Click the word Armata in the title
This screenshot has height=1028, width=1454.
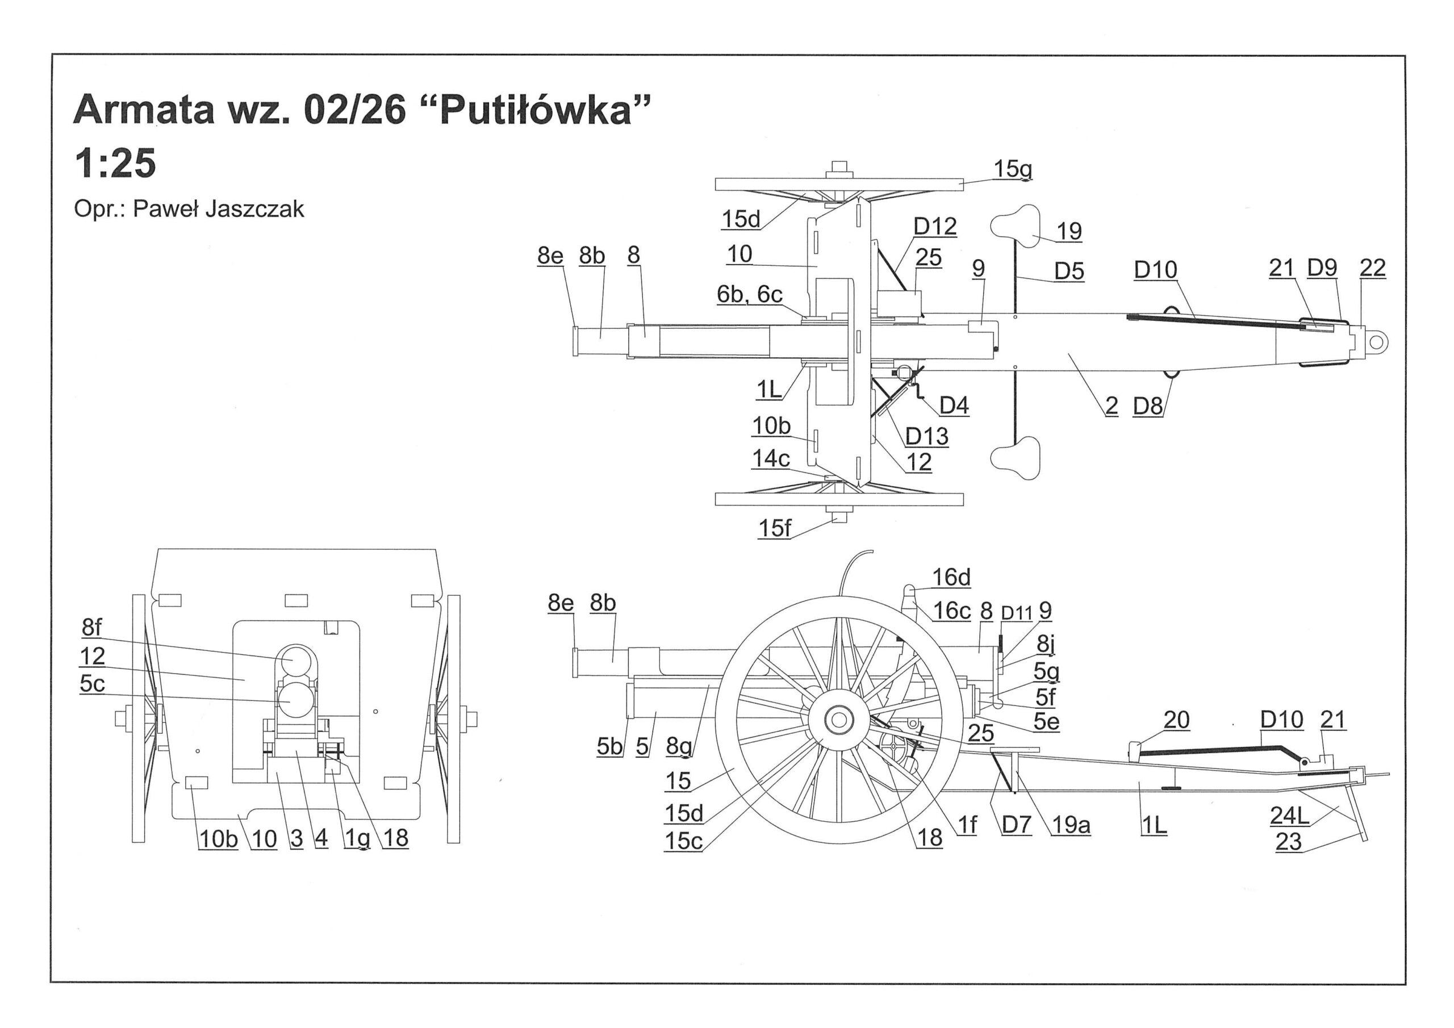pos(144,110)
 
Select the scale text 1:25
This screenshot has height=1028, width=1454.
pos(115,164)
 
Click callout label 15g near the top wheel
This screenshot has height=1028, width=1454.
pos(1013,169)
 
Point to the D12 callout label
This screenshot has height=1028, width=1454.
pos(935,227)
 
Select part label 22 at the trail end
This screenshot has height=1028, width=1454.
pos(1372,268)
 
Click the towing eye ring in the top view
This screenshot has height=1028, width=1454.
pos(1376,342)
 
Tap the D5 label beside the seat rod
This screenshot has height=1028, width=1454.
pos(1069,271)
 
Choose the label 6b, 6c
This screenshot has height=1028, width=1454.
pos(749,295)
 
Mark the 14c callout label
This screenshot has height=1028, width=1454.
pos(771,458)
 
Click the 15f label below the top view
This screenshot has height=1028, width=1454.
pos(775,528)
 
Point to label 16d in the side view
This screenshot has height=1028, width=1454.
pos(951,577)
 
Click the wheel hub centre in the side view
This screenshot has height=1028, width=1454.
pos(839,720)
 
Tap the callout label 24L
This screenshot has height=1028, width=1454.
pos(1289,816)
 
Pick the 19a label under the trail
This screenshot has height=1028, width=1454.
pos(1071,825)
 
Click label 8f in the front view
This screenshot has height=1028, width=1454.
pos(92,627)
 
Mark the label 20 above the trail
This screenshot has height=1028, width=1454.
pos(1176,720)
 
